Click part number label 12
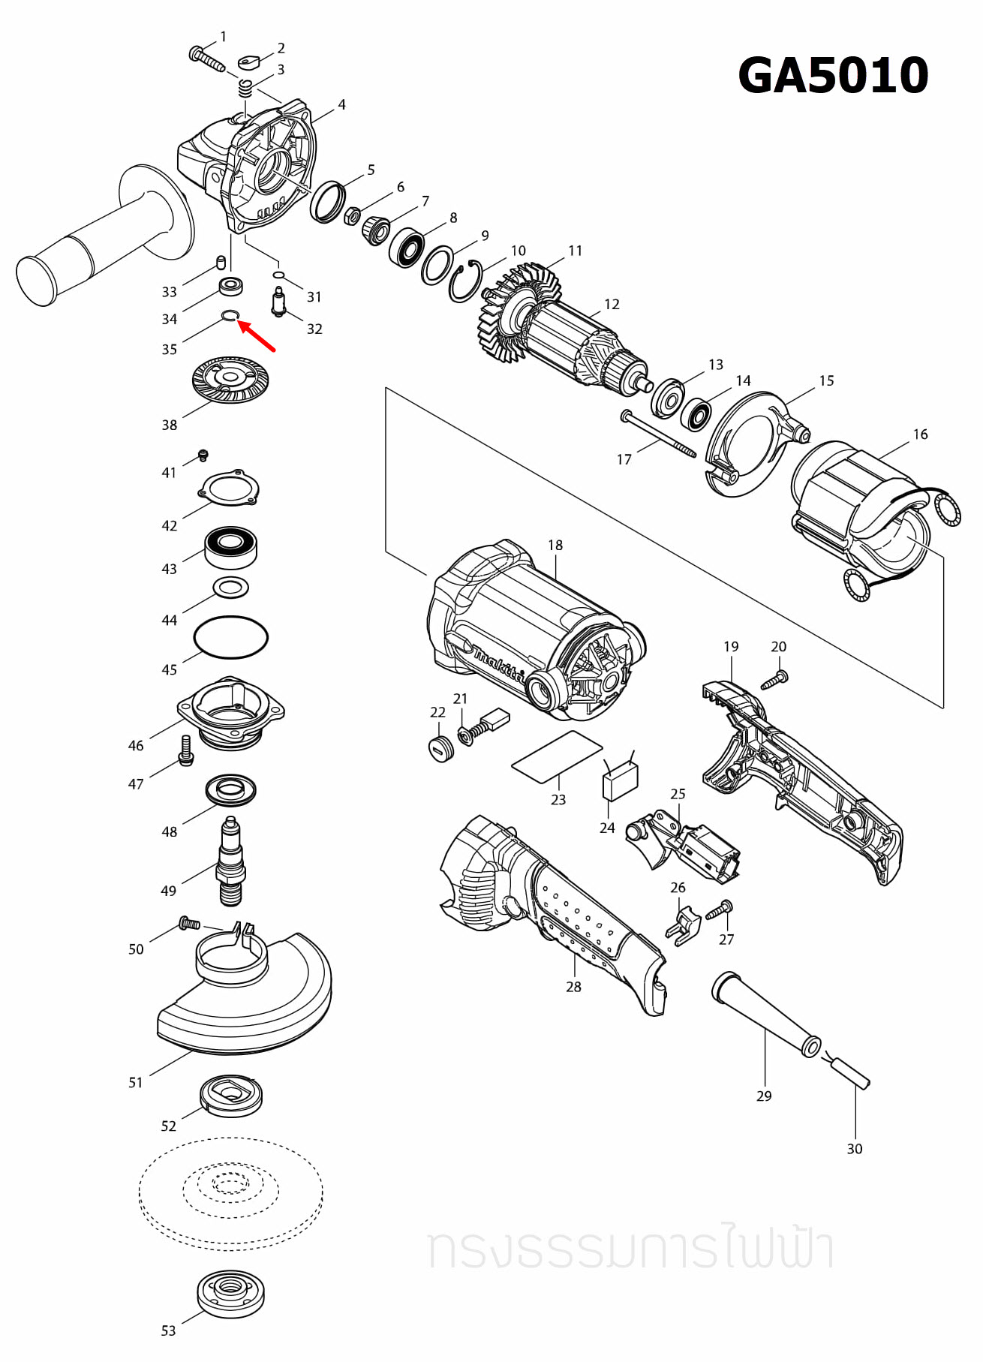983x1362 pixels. pos(612,304)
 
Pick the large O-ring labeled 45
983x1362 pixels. pos(230,637)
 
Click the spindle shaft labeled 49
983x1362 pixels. pos(231,863)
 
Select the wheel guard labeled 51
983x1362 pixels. pos(248,998)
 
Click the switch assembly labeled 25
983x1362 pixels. pos(687,844)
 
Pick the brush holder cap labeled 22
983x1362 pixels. pos(441,748)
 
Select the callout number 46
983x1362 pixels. pos(136,745)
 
